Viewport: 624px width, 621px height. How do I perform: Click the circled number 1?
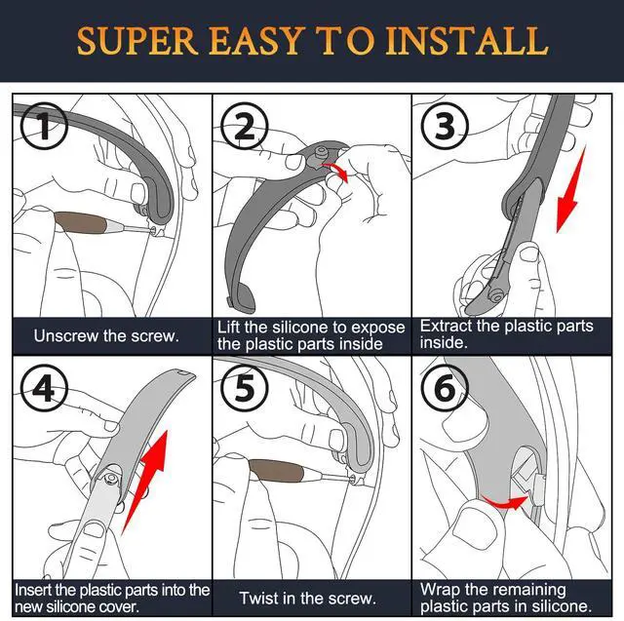click(44, 126)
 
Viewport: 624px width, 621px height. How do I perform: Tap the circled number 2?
click(245, 126)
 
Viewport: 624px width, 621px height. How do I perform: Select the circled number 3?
click(445, 126)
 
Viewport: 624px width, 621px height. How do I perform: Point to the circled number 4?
click(44, 389)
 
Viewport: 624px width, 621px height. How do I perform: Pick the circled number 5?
click(245, 389)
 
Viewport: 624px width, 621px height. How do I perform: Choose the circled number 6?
click(445, 389)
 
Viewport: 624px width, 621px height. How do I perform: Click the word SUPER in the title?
click(137, 41)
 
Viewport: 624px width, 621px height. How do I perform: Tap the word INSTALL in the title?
click(467, 41)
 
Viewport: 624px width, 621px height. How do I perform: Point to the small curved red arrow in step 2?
click(336, 171)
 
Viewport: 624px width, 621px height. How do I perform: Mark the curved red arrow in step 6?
click(504, 502)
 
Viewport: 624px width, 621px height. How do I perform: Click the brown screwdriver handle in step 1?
click(80, 223)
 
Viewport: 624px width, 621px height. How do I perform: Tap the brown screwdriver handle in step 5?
click(275, 471)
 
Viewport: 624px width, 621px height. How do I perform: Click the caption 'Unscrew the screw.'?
click(106, 336)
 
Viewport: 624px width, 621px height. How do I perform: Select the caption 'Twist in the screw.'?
click(308, 598)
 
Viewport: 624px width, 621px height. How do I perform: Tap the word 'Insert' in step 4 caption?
click(33, 590)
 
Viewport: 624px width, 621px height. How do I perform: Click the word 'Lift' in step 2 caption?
click(228, 327)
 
